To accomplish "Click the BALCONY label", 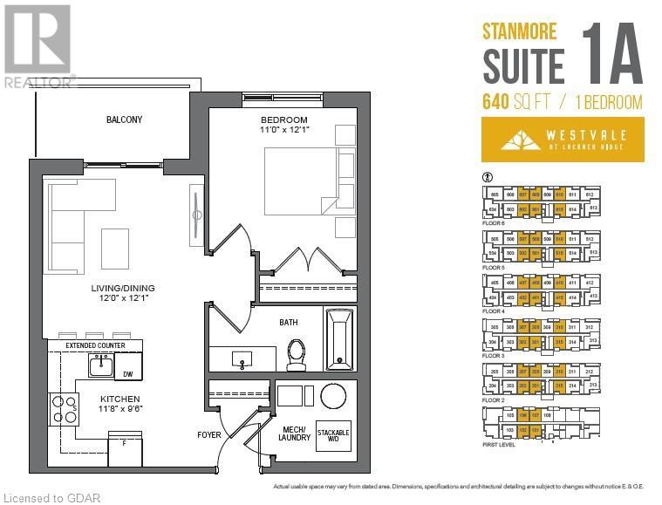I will click(x=124, y=119).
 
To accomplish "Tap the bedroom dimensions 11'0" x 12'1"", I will click(x=284, y=130).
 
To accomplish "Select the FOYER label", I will click(x=209, y=434).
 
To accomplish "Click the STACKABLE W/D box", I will click(x=333, y=434).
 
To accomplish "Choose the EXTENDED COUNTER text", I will click(x=96, y=346).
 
